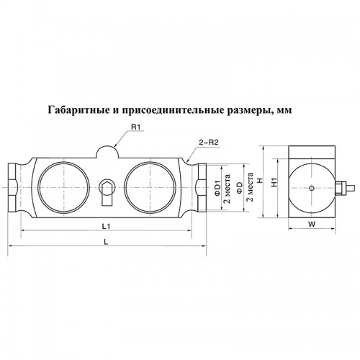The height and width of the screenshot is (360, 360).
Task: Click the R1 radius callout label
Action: click(135, 127)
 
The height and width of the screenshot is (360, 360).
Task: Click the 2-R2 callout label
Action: click(208, 143)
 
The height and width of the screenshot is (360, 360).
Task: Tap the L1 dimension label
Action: click(106, 226)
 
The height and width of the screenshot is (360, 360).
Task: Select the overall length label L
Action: click(106, 242)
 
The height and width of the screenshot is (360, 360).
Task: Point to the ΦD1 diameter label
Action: click(217, 187)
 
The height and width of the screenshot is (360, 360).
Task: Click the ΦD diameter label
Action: click(240, 187)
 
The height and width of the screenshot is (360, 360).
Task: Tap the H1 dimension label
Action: click(274, 183)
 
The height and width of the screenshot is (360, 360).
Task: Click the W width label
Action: click(312, 224)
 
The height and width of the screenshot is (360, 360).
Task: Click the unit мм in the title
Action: click(284, 111)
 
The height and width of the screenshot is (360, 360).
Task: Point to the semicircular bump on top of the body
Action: click(107, 151)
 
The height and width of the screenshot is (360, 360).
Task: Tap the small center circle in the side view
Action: click(312, 188)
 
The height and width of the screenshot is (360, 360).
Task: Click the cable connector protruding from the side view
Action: click(343, 188)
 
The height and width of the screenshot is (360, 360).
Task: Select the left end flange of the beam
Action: click(13, 187)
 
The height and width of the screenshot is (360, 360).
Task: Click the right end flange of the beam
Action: click(202, 187)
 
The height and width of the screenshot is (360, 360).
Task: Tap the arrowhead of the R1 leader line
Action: click(115, 145)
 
